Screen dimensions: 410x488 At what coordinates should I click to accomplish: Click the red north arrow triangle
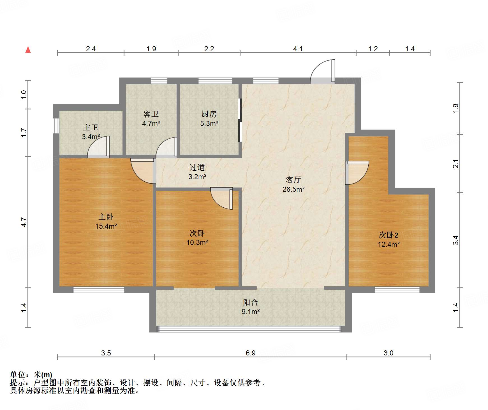[28, 50]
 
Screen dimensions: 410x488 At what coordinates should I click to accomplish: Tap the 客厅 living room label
[293, 180]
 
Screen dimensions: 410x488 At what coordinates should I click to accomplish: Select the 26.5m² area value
[293, 189]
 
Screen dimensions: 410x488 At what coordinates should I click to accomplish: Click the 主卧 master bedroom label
[106, 217]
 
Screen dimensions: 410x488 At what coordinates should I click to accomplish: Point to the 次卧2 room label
[388, 235]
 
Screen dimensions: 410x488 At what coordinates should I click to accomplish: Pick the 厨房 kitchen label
[209, 114]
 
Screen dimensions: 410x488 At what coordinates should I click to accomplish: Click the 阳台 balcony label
[250, 302]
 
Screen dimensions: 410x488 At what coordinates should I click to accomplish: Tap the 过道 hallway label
[197, 167]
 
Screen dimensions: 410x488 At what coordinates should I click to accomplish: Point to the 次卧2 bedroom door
[357, 173]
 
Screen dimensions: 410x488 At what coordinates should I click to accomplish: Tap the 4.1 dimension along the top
[298, 49]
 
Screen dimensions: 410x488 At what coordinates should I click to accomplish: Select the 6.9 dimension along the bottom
[250, 353]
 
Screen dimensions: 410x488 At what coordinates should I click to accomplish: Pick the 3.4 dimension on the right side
[456, 240]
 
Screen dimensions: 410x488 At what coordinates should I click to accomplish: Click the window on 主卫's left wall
[56, 125]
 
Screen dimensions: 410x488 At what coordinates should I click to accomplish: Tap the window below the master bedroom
[99, 290]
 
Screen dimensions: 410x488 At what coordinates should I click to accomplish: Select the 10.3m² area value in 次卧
[197, 243]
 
